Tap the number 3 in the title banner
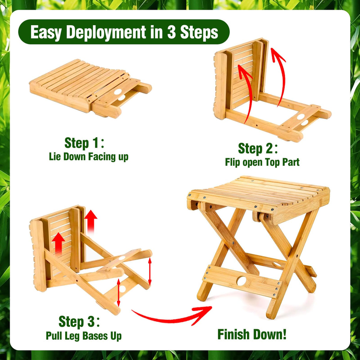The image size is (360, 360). coord(171,32)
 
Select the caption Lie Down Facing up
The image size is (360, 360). coord(88,157)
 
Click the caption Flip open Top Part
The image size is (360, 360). coord(262,162)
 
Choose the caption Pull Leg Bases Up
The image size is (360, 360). coord(84,336)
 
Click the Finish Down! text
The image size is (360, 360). coord(252,334)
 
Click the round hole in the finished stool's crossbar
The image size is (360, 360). coord(241,281)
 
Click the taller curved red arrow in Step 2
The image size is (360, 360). coord(279,74)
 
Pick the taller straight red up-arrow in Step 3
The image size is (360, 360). coord(91,221)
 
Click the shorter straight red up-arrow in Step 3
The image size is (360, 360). coord(59,243)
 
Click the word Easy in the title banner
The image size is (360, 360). coord(46,32)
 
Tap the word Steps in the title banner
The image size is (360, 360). coord(199,32)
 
